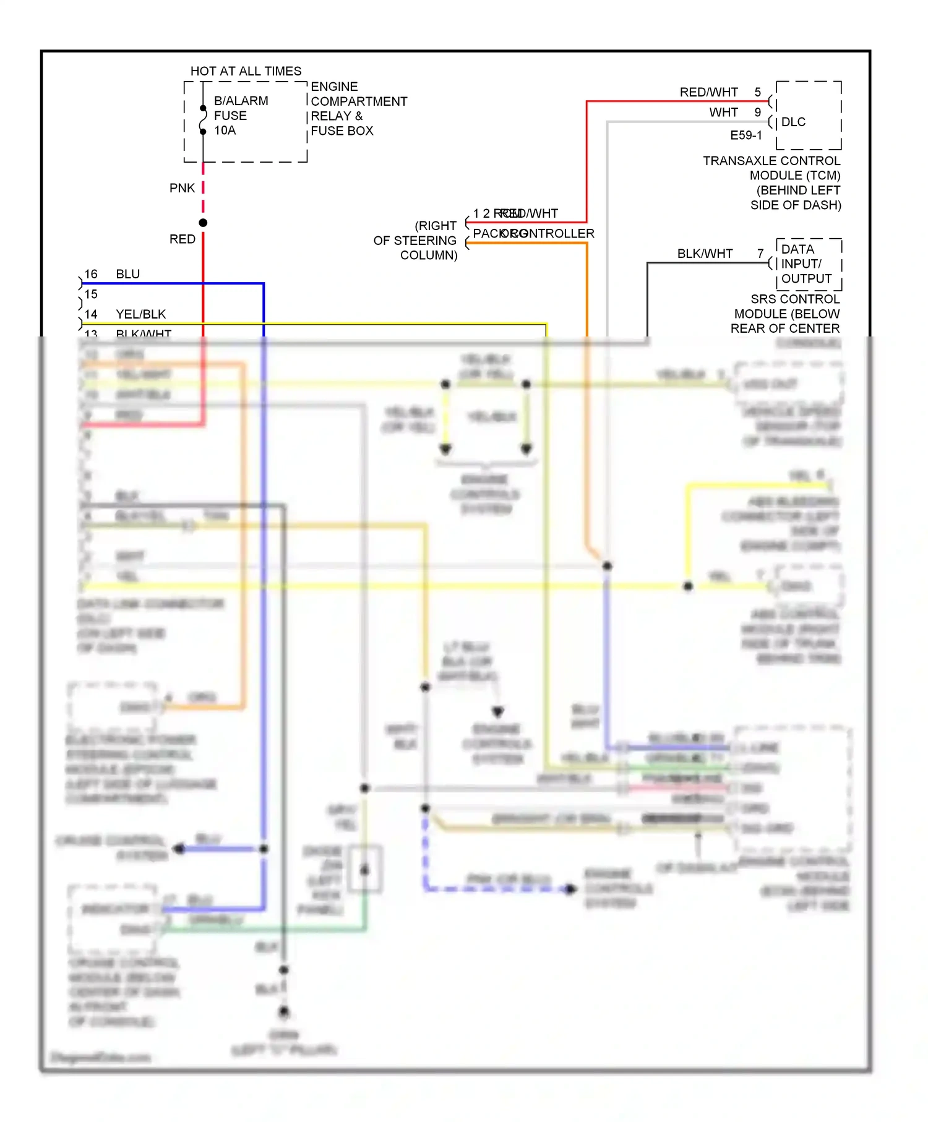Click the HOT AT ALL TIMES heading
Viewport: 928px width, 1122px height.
[246, 71]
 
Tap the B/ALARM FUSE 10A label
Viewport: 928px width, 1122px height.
[241, 116]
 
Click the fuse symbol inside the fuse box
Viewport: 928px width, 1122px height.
[203, 120]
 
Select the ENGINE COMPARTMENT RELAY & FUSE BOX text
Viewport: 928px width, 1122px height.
[358, 109]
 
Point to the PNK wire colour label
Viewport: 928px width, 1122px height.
[182, 188]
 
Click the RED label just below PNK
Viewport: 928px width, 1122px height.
[182, 239]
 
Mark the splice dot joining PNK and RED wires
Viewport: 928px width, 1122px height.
[203, 223]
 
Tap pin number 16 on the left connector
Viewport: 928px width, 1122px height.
[91, 274]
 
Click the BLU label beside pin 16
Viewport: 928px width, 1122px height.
[127, 274]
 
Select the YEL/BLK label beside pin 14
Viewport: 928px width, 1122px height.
[140, 314]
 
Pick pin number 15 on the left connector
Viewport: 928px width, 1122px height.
[91, 294]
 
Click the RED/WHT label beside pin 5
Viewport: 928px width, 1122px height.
[708, 92]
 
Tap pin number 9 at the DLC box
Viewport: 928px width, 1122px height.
[757, 113]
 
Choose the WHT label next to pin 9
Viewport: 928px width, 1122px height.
[723, 113]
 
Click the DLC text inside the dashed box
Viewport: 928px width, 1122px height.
[793, 122]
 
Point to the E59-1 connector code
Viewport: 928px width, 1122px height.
[746, 135]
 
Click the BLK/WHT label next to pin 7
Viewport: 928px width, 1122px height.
[705, 254]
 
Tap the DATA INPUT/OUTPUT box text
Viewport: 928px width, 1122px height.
[806, 264]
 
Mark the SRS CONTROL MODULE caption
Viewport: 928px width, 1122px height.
[786, 314]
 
